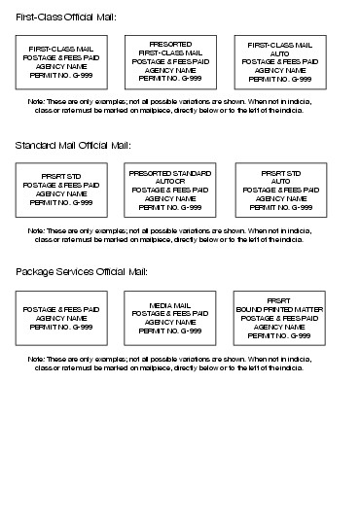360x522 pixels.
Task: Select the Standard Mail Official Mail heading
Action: tap(73, 145)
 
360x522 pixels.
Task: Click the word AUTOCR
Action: tap(169, 180)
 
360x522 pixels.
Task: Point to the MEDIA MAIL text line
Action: tap(170, 305)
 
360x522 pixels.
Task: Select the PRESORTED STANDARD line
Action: tap(170, 172)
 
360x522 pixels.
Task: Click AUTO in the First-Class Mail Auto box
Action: tap(280, 52)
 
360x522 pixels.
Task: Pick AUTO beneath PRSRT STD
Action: tap(280, 180)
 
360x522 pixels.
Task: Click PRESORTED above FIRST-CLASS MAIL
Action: tap(170, 45)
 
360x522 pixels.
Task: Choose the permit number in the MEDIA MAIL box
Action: tap(170, 331)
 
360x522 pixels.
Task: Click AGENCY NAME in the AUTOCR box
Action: tap(170, 197)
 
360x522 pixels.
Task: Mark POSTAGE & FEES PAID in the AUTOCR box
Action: tap(170, 189)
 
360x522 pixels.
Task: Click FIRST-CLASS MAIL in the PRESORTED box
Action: tap(170, 52)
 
